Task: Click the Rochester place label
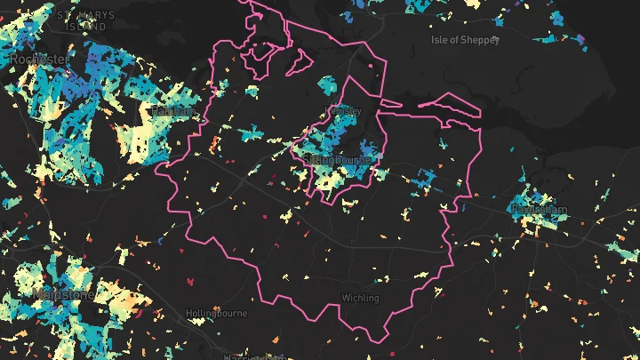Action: (x=38, y=59)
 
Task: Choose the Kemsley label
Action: (x=346, y=110)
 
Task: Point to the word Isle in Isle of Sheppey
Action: (x=441, y=40)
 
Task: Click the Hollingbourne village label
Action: (x=214, y=314)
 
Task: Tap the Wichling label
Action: (x=360, y=298)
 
